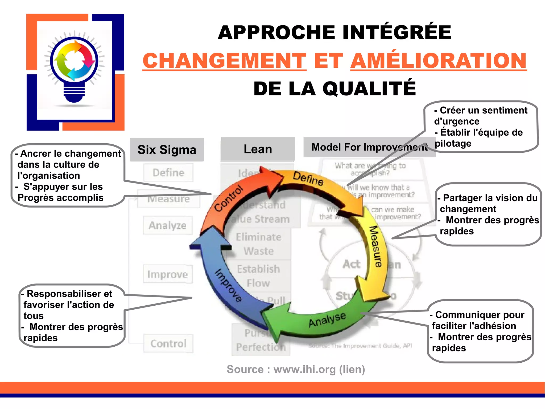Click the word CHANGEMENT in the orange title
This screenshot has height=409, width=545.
[x=224, y=61]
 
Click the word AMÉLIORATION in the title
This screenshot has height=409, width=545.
[x=438, y=61]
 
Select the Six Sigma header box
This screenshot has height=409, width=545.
[x=167, y=150]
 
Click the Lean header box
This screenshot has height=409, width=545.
[x=258, y=149]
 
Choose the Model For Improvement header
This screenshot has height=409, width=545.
[x=369, y=147]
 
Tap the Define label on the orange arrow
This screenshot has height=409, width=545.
[x=308, y=178]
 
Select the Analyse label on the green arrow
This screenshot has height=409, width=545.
[x=327, y=319]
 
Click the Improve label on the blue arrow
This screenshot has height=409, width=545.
[x=228, y=285]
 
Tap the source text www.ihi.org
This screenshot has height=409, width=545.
[x=304, y=370]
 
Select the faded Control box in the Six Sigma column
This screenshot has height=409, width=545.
[x=168, y=344]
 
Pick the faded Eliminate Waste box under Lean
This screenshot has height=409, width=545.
[x=258, y=244]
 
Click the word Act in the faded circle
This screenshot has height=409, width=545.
[x=351, y=264]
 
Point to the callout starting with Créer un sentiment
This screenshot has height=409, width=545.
[x=480, y=127]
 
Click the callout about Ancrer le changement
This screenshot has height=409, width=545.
[x=68, y=176]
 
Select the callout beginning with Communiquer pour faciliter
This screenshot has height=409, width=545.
[x=480, y=331]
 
